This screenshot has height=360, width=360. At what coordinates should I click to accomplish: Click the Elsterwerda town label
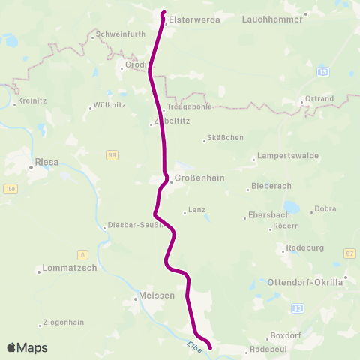click(194, 20)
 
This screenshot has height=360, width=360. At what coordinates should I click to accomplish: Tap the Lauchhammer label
click(272, 20)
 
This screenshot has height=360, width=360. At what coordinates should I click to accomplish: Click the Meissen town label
click(157, 296)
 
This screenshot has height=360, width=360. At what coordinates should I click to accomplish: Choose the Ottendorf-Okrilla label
click(304, 282)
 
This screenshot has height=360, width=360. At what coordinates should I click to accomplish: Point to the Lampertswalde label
click(288, 156)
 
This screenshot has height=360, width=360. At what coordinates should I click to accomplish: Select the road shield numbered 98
click(112, 155)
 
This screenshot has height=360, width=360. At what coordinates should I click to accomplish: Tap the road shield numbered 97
click(349, 254)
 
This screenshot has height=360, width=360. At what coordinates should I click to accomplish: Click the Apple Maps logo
click(28, 347)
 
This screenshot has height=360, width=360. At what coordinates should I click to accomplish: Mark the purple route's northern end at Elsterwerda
click(163, 12)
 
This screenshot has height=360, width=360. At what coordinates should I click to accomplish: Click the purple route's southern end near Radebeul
click(209, 346)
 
